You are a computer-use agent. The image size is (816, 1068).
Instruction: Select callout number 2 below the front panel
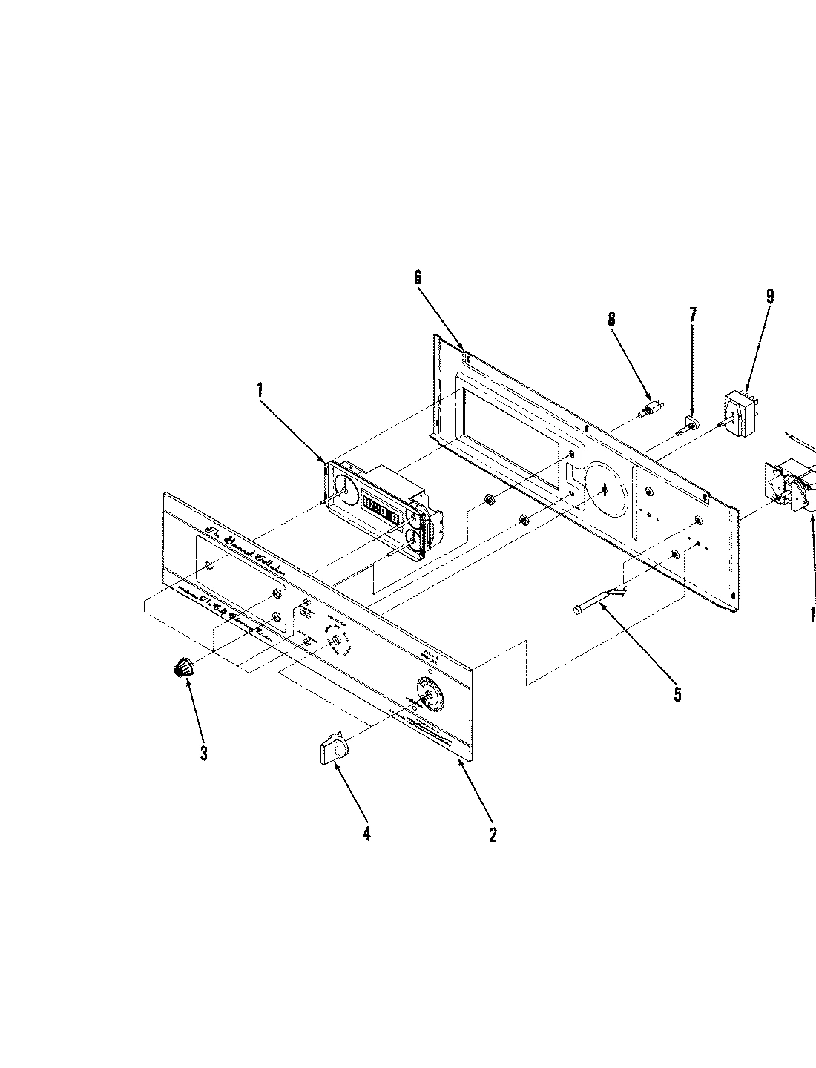[x=493, y=834]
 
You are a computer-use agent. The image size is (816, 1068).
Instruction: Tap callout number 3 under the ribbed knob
[x=203, y=754]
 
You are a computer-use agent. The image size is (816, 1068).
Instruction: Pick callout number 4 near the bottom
[x=366, y=834]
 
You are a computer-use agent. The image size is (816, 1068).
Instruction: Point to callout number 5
[x=677, y=695]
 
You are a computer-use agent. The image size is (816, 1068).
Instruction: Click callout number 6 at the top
[x=418, y=277]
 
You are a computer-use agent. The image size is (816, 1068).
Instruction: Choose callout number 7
[x=693, y=314]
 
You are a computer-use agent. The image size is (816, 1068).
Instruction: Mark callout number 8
[x=611, y=320]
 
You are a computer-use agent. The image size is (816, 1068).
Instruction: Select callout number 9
[x=770, y=297]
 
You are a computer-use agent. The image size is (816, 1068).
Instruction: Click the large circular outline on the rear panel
[x=605, y=487]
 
